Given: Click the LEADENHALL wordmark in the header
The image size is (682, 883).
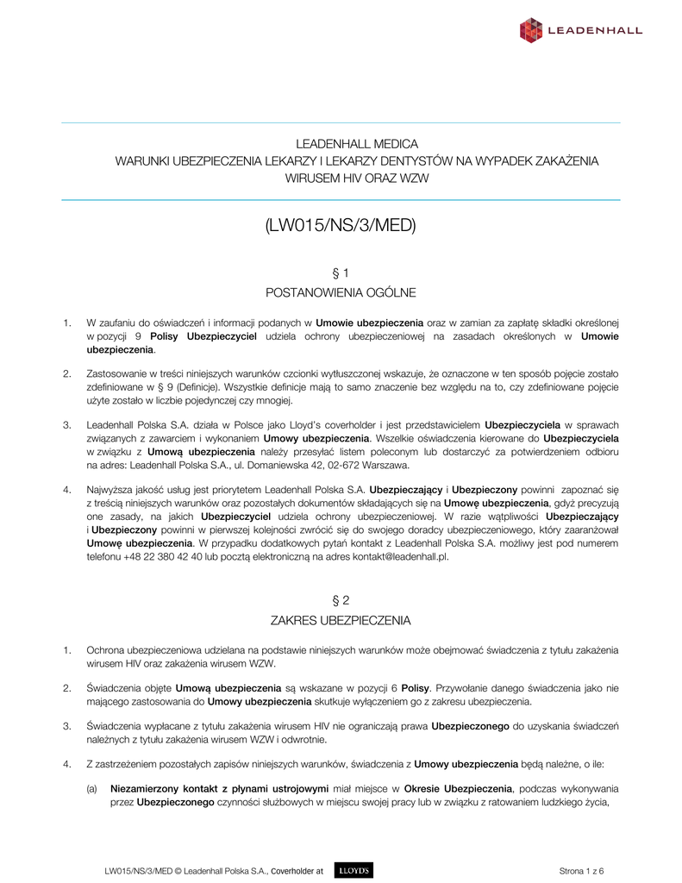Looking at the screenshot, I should [595, 31].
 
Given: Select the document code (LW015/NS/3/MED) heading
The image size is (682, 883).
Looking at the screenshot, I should [341, 226].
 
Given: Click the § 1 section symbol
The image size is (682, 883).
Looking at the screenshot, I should [341, 273].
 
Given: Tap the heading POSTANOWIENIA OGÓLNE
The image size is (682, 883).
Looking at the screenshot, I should [341, 293].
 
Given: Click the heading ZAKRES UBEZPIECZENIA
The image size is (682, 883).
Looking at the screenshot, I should [341, 620].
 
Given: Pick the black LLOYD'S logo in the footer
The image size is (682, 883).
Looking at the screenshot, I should [352, 871].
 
